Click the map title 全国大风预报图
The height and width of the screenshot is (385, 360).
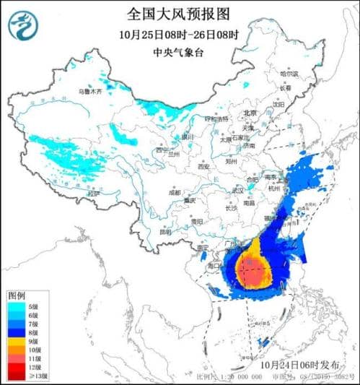[x=180, y=14]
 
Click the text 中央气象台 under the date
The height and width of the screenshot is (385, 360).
[x=180, y=52]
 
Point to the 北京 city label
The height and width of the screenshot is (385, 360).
[x=250, y=113]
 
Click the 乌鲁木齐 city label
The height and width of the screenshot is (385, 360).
[x=91, y=92]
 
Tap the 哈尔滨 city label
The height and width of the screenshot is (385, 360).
[x=289, y=73]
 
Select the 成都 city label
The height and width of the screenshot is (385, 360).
[x=175, y=193]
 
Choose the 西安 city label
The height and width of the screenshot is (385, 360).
[x=203, y=167]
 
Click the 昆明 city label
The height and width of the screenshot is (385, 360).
[x=166, y=232]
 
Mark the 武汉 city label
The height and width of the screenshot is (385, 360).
[x=237, y=190]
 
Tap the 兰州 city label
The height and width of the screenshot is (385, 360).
[x=174, y=154]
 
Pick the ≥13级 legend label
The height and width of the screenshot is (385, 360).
[x=39, y=376]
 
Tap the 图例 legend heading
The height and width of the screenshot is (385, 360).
[x=17, y=296]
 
